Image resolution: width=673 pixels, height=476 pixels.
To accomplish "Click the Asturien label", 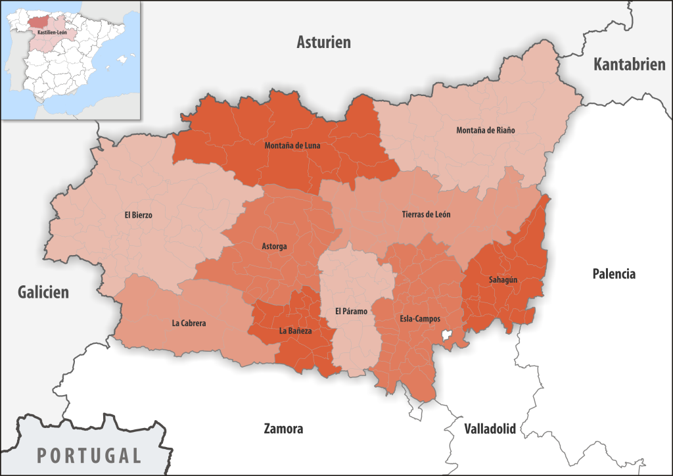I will tap(323, 43).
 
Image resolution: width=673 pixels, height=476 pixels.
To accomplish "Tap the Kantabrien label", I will tap(629, 64).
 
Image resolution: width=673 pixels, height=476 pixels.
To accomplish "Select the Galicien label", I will tap(43, 292).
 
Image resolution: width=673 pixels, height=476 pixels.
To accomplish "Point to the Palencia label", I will tap(614, 274).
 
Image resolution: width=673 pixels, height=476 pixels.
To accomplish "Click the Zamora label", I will tap(283, 429).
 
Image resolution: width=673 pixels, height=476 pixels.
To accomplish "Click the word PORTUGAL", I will tap(89, 455).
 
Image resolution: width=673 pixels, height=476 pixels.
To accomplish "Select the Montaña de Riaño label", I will tap(486, 130).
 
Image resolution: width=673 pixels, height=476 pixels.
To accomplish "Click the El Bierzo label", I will tap(138, 215).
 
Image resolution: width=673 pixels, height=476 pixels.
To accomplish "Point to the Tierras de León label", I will tap(426, 215).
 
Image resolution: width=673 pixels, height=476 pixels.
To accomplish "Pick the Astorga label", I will tap(274, 247).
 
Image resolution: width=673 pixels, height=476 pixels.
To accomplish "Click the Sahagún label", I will tap(503, 279).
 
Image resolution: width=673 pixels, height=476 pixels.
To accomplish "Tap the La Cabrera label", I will tap(189, 323).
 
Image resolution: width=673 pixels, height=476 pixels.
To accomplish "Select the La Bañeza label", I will tap(295, 331).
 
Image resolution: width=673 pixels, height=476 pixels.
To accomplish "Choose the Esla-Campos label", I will tap(420, 319).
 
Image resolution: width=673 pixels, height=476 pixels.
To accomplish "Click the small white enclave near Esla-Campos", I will tap(448, 337).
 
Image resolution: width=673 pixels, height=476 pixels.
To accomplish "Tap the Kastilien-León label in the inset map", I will tap(51, 32).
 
